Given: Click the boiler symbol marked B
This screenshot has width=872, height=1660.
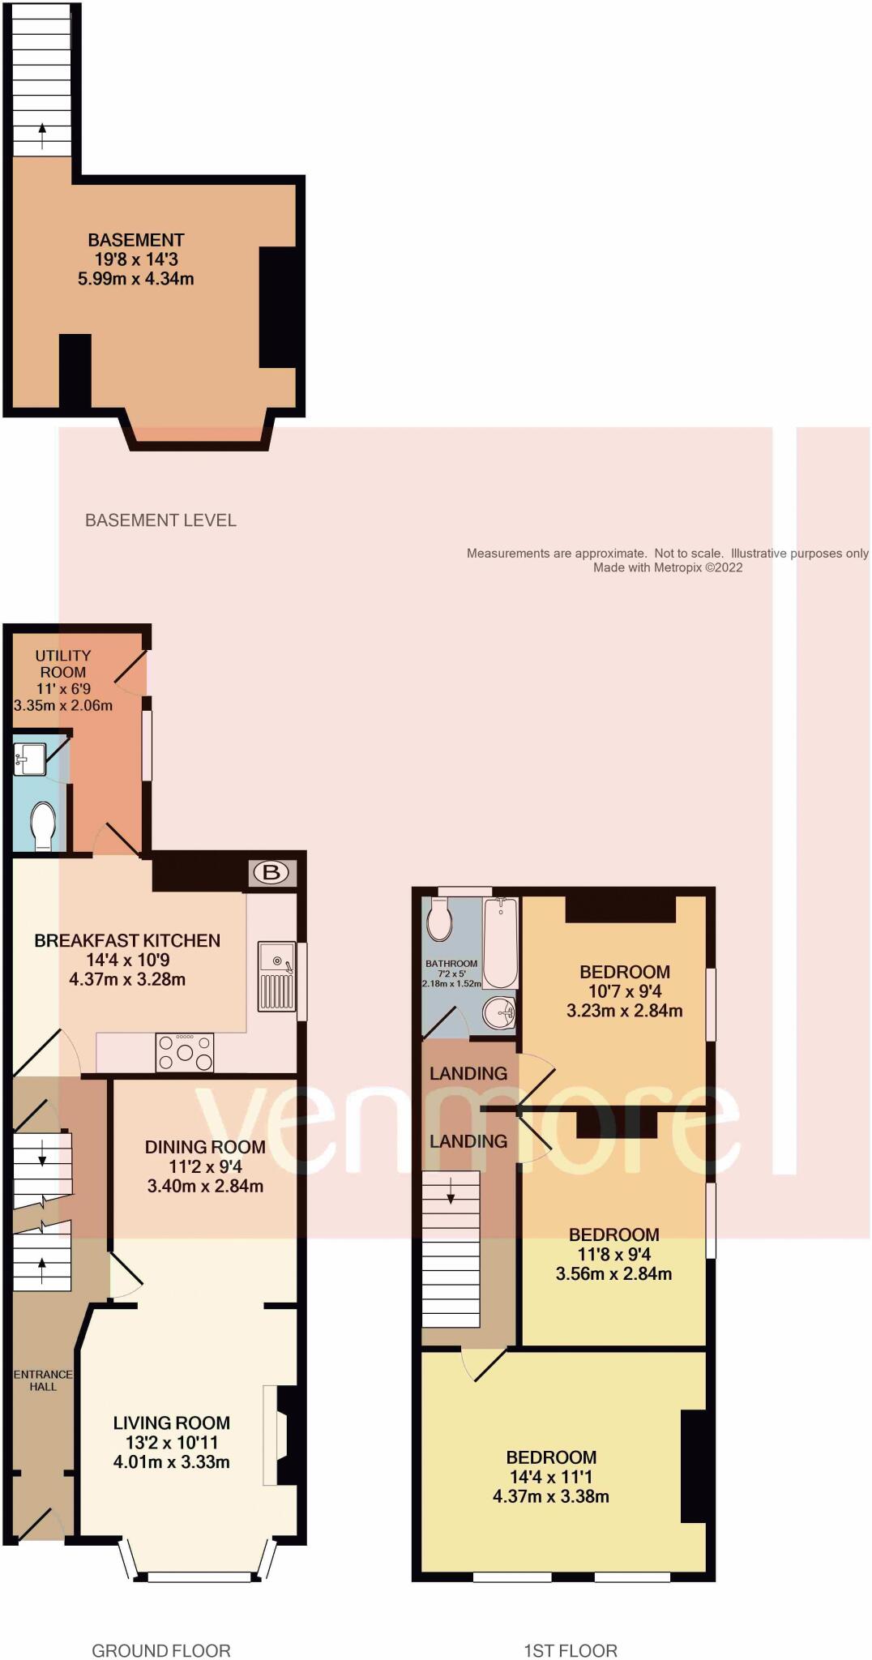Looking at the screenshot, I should pyautogui.click(x=271, y=873).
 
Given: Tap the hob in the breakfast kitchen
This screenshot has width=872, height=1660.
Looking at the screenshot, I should pyautogui.click(x=185, y=1053).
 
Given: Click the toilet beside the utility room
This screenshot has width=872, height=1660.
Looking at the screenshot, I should pyautogui.click(x=42, y=825).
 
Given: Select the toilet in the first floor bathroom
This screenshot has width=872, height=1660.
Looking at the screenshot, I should pyautogui.click(x=439, y=919).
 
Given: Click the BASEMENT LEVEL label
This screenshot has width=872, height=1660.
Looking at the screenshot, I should pyautogui.click(x=160, y=520).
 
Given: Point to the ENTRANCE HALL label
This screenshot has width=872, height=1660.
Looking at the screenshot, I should pyautogui.click(x=43, y=1380).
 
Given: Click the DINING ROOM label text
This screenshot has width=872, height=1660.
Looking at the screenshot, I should pyautogui.click(x=205, y=1147).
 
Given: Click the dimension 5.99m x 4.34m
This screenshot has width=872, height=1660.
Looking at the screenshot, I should pyautogui.click(x=135, y=279).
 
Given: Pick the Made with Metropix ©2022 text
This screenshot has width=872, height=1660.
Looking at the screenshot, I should pyautogui.click(x=667, y=567).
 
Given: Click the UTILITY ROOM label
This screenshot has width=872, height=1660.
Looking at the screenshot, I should pyautogui.click(x=63, y=664).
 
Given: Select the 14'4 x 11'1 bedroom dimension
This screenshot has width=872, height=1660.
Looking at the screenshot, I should pyautogui.click(x=551, y=1477).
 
